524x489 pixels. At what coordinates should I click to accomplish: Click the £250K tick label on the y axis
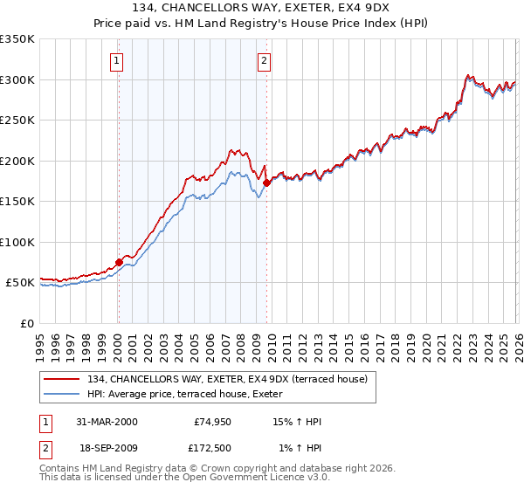17,121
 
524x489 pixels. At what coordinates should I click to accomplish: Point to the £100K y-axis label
17,242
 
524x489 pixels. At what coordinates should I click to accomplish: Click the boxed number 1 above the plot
117,61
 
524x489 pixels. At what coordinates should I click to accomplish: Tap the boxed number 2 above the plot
264,61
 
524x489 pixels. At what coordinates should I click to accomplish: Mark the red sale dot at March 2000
119,262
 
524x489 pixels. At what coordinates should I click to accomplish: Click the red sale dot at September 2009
266,183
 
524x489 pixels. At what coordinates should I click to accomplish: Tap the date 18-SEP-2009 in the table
107,448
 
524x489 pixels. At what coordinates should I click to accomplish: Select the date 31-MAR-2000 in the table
107,422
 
